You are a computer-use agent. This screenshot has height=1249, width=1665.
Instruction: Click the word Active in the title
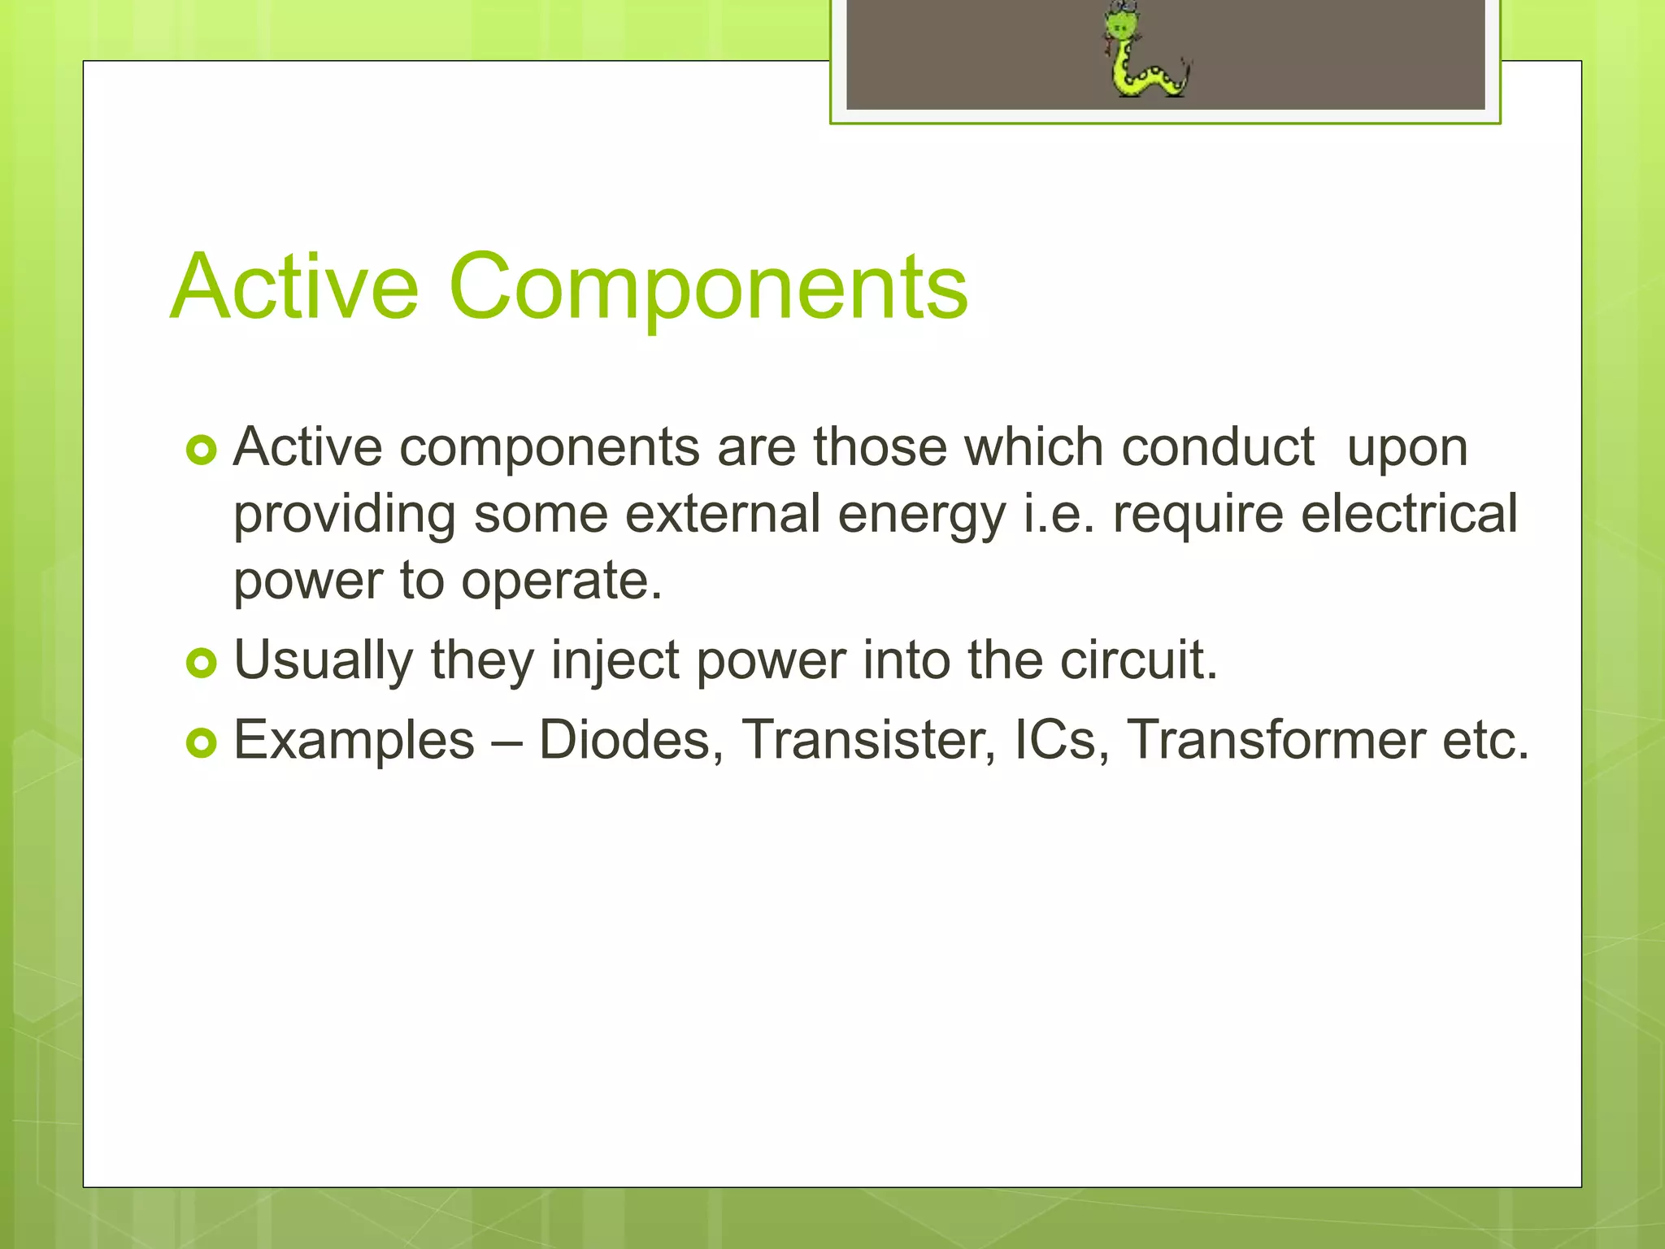coord(294,286)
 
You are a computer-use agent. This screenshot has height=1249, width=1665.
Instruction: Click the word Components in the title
coord(708,286)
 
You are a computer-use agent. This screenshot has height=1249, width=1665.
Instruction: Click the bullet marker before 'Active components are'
coord(201,450)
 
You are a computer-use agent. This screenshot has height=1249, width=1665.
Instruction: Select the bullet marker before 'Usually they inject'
coord(201,663)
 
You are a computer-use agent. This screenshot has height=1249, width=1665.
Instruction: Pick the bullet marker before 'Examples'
coord(201,742)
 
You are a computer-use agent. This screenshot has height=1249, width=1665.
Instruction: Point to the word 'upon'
coord(1407,449)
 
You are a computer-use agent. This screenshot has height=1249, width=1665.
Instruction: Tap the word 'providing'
coord(344,516)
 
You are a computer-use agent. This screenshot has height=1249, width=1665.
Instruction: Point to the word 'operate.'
coord(562,582)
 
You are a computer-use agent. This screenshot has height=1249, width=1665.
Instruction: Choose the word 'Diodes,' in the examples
coord(631,740)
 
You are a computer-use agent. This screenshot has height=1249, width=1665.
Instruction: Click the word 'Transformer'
coord(1276,740)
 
